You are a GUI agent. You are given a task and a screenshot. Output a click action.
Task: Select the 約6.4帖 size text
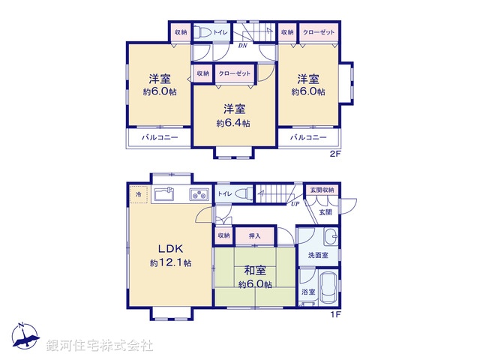233,122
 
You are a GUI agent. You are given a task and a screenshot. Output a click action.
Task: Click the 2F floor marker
335,154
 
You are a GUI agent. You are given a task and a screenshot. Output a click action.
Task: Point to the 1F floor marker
335,314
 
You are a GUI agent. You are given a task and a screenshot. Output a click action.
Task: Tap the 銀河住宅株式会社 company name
100,346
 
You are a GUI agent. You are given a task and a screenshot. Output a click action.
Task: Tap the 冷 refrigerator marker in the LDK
138,195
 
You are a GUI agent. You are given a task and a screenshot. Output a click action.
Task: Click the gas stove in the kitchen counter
199,195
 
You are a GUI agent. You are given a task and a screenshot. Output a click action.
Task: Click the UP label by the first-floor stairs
295,203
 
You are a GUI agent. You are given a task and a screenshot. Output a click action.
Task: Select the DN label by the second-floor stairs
242,46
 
